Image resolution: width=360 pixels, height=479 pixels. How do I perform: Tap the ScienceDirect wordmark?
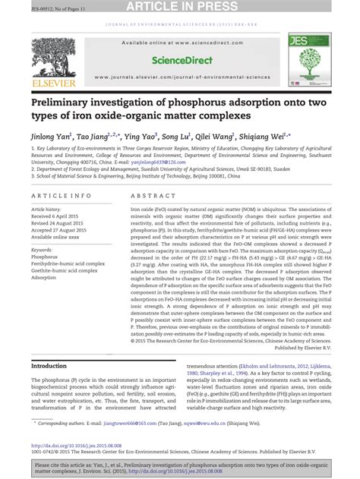pyautogui.click(x=180, y=59)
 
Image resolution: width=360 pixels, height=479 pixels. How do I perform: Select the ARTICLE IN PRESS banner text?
pyautogui.click(x=180, y=7)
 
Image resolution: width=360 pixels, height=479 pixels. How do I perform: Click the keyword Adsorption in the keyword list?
pyautogui.click(x=45, y=278)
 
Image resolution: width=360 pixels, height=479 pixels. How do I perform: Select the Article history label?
pyautogui.click(x=48, y=208)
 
